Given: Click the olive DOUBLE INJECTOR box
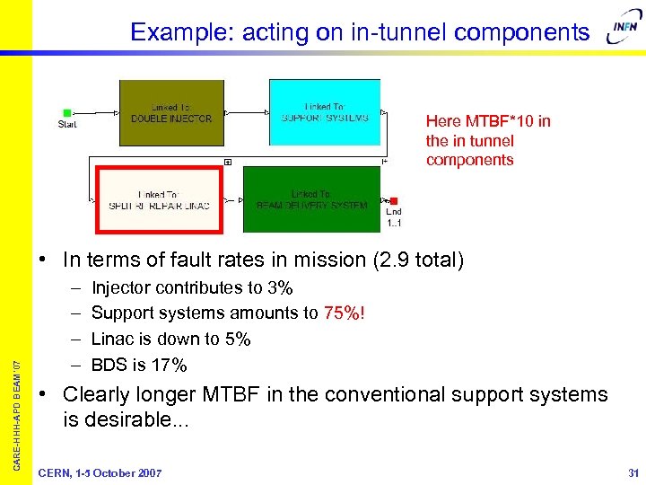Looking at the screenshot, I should pos(171,112).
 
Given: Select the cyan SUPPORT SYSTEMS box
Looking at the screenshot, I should pos(325,112).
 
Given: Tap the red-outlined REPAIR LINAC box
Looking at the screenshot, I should pos(159,198).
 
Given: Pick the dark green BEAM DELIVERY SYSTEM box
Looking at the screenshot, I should pos(311,198).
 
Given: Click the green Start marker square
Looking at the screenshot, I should pos(67,113).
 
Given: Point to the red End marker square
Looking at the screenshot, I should pos(394,201).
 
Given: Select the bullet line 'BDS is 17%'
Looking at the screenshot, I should pos(139,365).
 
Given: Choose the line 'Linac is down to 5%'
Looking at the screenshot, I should pos(170,339).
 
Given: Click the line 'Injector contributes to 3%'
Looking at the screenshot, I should pos(192,288).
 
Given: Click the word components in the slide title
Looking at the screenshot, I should pos(522,32).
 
